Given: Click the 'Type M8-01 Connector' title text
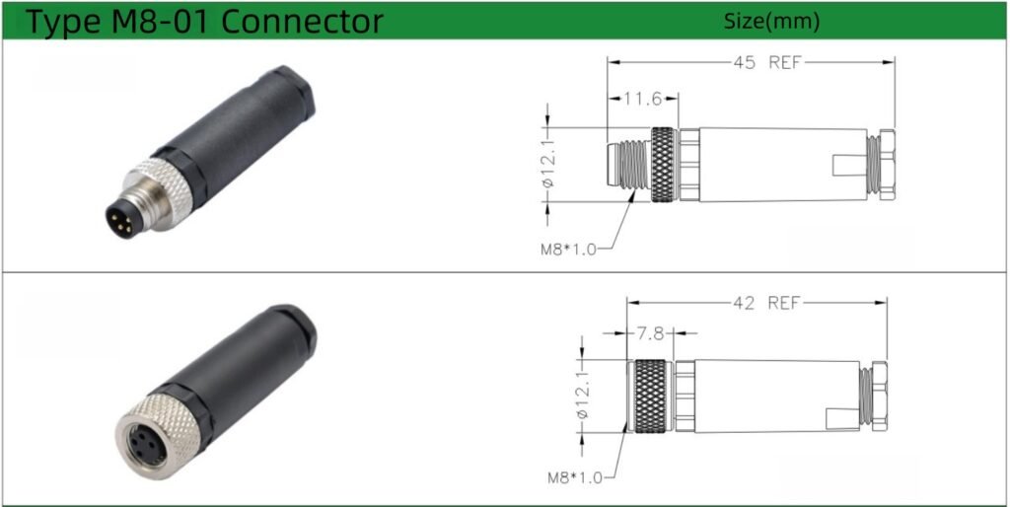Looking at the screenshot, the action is pyautogui.click(x=203, y=22).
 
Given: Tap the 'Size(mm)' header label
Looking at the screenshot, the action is pyautogui.click(x=771, y=22).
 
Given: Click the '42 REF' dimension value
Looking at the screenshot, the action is pyautogui.click(x=765, y=303).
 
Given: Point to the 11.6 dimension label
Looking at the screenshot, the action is pyautogui.click(x=643, y=99).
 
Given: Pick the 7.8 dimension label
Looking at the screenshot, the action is pyautogui.click(x=650, y=333).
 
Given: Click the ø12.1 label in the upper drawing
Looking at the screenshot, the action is pyautogui.click(x=548, y=165).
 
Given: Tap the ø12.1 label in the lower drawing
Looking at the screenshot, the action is pyautogui.click(x=583, y=397).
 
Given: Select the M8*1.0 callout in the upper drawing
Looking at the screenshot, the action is pyautogui.click(x=568, y=249).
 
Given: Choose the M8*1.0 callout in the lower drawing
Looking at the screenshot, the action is pyautogui.click(x=575, y=478).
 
